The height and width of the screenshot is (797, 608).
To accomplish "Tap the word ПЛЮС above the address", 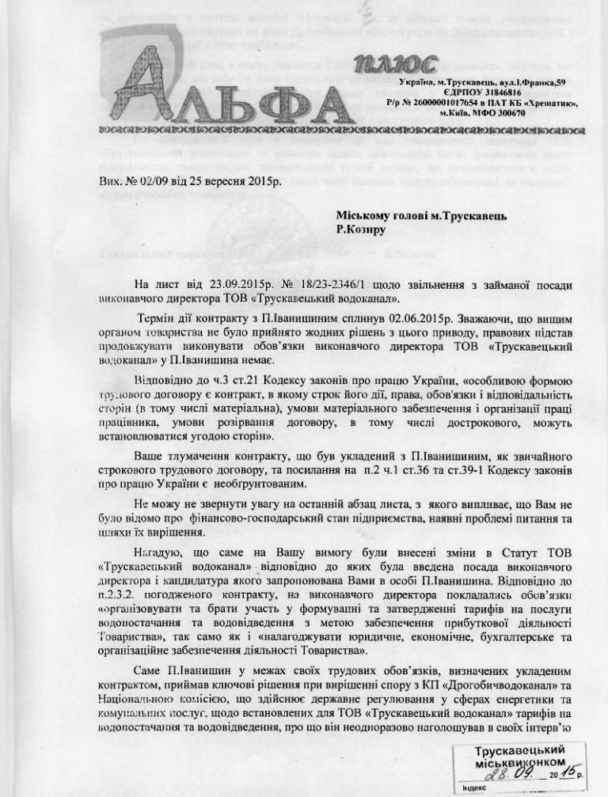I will coord(395,64).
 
